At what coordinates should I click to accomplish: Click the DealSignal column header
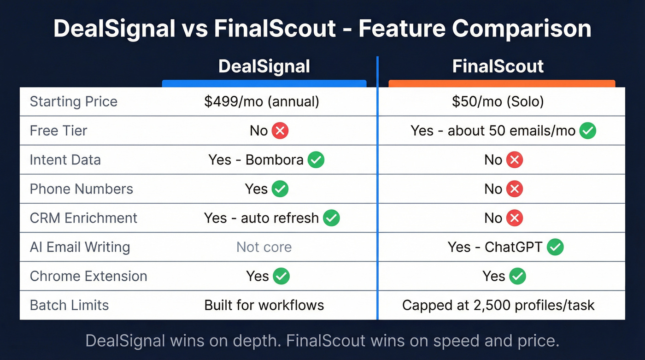point(264,66)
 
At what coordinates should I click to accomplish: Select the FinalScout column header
point(498,66)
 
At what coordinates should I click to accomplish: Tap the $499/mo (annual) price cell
point(262,101)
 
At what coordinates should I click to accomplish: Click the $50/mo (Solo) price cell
point(498,101)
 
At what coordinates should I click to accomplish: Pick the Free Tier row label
point(59,130)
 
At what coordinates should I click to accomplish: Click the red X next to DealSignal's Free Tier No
point(280,131)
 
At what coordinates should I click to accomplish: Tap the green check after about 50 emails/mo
point(587,131)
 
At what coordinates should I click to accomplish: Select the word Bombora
point(274,160)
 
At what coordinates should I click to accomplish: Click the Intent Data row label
point(65,160)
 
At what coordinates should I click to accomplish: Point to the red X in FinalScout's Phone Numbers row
point(514,189)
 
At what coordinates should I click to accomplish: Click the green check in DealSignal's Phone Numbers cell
point(280,189)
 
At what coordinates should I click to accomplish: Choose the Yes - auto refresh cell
point(262,218)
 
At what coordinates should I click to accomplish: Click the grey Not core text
point(264,247)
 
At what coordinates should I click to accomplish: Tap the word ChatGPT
point(513,247)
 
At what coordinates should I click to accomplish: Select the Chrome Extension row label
point(88,276)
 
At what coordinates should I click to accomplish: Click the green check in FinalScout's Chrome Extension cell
point(518,276)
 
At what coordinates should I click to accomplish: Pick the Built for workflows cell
point(264,305)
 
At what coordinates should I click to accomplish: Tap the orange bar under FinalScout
point(502,83)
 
